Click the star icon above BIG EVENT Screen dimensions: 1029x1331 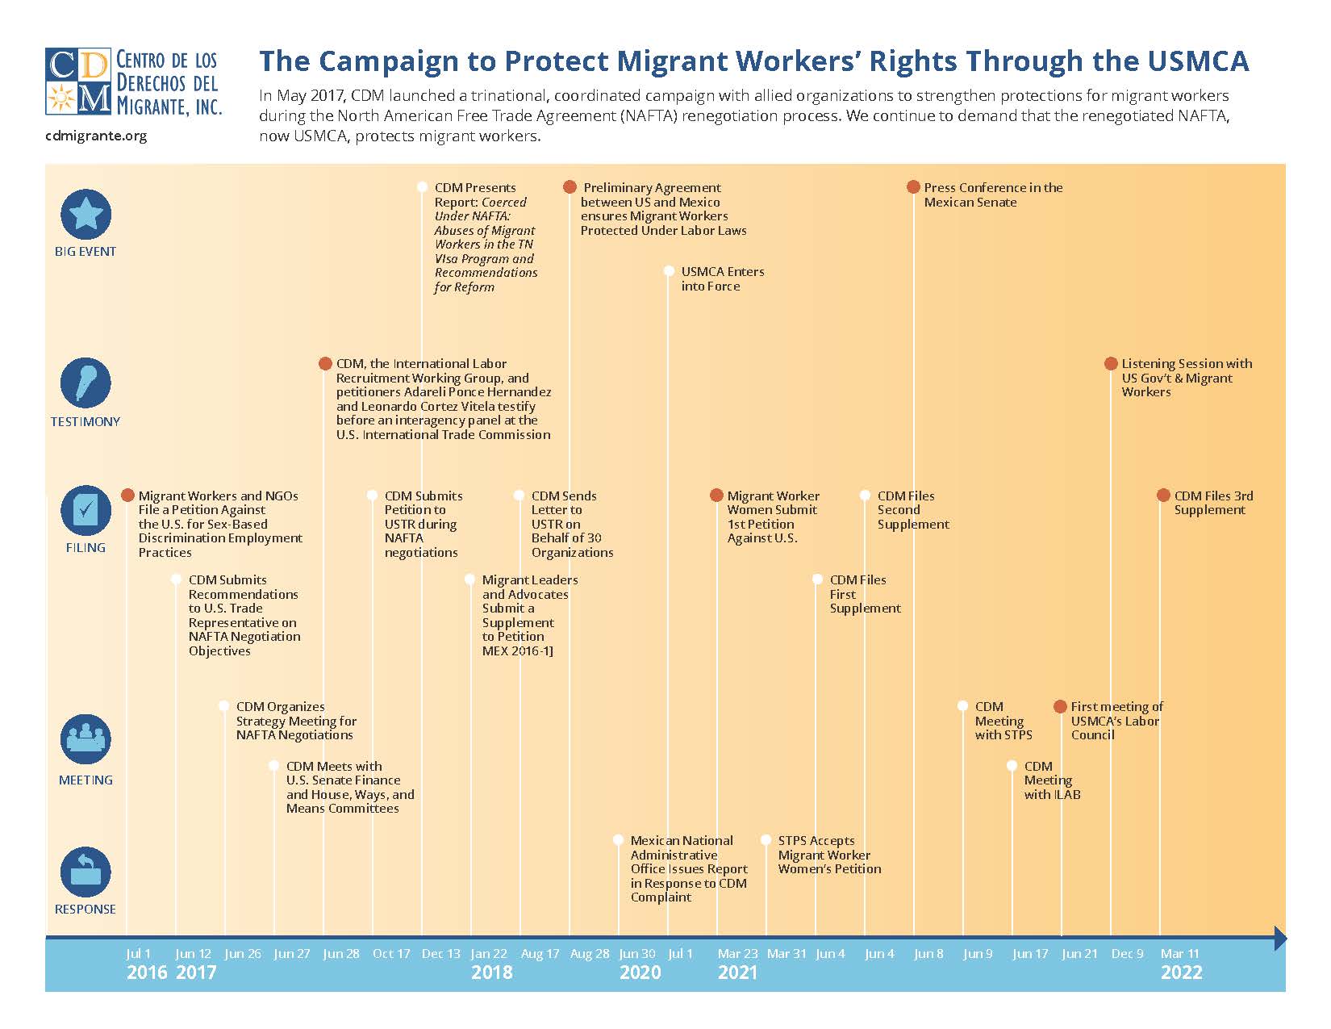pos(86,214)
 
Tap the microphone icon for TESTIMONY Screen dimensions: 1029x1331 pos(86,383)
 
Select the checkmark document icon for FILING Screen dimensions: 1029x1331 pos(86,510)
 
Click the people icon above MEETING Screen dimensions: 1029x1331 pos(86,739)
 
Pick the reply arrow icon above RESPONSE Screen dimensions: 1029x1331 pos(86,872)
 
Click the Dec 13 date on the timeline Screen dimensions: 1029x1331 pos(440,954)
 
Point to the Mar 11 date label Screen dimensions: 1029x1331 pos(1179,954)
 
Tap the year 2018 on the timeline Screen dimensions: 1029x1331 pos(491,973)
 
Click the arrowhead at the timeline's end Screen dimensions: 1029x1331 pos(1279,939)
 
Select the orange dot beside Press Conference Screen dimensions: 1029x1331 pos(913,187)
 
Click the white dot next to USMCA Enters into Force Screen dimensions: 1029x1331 pos(669,271)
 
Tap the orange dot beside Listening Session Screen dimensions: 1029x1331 pos(1111,364)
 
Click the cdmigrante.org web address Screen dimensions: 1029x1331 pos(96,136)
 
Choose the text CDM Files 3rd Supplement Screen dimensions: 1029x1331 pos(1212,503)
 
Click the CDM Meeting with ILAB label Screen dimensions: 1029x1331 pos(1051,780)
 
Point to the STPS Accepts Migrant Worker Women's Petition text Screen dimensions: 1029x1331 pos(828,855)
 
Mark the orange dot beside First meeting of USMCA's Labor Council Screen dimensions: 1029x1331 pos(1061,707)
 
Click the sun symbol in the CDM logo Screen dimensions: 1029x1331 pos(60,98)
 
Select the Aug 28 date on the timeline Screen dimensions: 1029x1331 pos(589,954)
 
